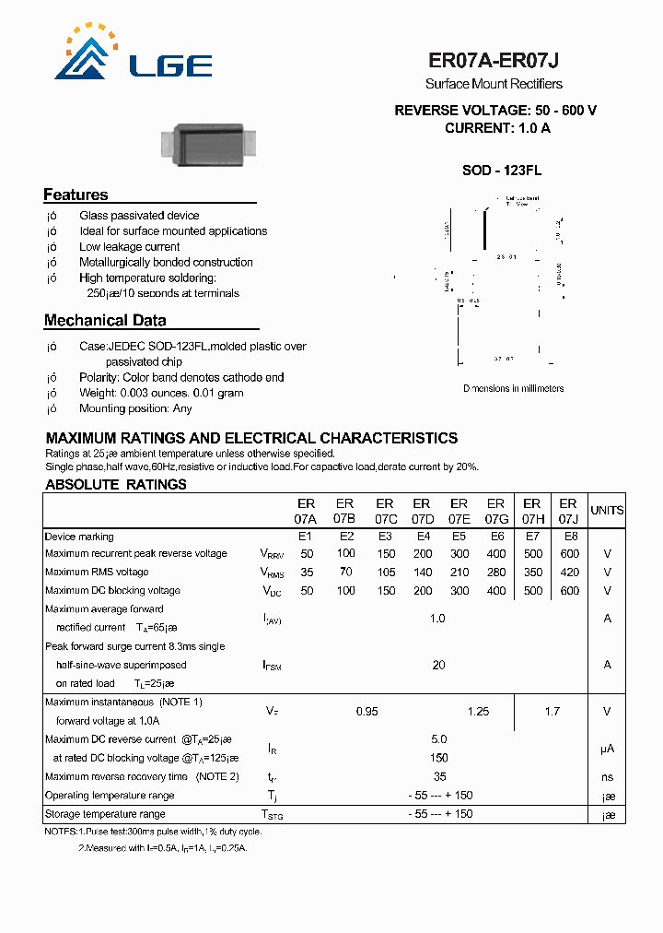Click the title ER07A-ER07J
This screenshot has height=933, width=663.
click(494, 61)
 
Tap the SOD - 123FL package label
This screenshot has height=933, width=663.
click(501, 171)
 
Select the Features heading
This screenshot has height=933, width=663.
click(76, 195)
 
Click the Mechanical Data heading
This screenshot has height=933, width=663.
click(105, 321)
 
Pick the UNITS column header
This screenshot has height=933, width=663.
click(607, 511)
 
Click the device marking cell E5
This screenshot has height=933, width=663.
click(458, 537)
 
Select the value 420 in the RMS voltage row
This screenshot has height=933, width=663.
click(569, 573)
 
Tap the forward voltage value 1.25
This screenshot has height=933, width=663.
click(478, 712)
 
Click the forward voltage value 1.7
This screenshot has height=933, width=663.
click(552, 712)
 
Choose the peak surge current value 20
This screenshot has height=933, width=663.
click(438, 665)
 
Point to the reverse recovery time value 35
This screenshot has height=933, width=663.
click(439, 777)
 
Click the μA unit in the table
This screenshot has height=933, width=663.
click(607, 750)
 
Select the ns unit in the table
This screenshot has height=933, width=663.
click(607, 777)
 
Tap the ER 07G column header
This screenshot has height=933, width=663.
click(495, 511)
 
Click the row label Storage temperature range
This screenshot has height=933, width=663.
click(105, 814)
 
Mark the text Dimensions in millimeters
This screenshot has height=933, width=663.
click(513, 389)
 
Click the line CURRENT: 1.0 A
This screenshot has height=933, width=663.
click(497, 128)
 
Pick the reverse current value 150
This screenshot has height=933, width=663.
click(439, 758)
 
